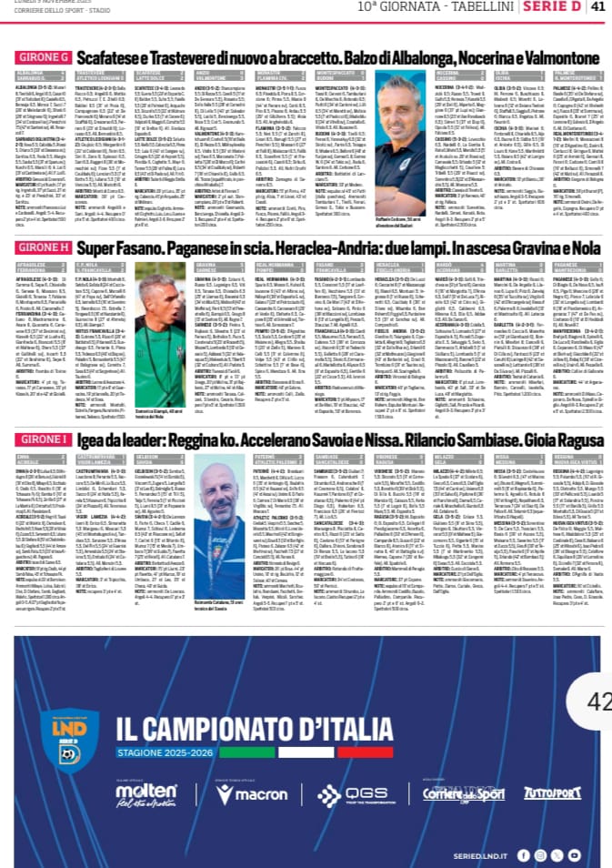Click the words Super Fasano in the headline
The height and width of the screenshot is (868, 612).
(114, 247)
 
